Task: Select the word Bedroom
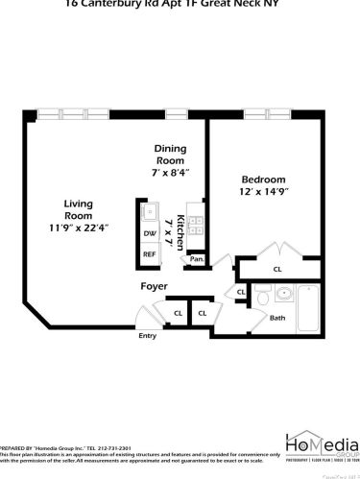point(263,180)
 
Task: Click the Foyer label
point(155,286)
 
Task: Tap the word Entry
point(147,336)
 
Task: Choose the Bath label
point(277,317)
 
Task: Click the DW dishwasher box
point(150,233)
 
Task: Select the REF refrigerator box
point(150,254)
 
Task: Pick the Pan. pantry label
point(197,259)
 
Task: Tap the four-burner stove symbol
point(196,226)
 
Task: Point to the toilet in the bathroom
point(261,299)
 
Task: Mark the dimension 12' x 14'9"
point(263,193)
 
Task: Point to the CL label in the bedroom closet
point(277,270)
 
